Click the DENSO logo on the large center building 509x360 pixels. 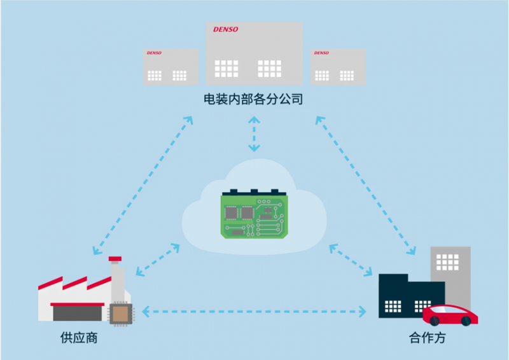(x=225, y=30)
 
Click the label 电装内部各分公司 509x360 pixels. (x=253, y=99)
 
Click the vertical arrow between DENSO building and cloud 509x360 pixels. (x=254, y=134)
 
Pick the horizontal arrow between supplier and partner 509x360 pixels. (x=254, y=311)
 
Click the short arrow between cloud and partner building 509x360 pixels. (x=351, y=260)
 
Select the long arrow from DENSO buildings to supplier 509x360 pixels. (x=142, y=184)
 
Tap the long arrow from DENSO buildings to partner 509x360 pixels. (x=366, y=184)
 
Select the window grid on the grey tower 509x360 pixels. (x=447, y=261)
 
